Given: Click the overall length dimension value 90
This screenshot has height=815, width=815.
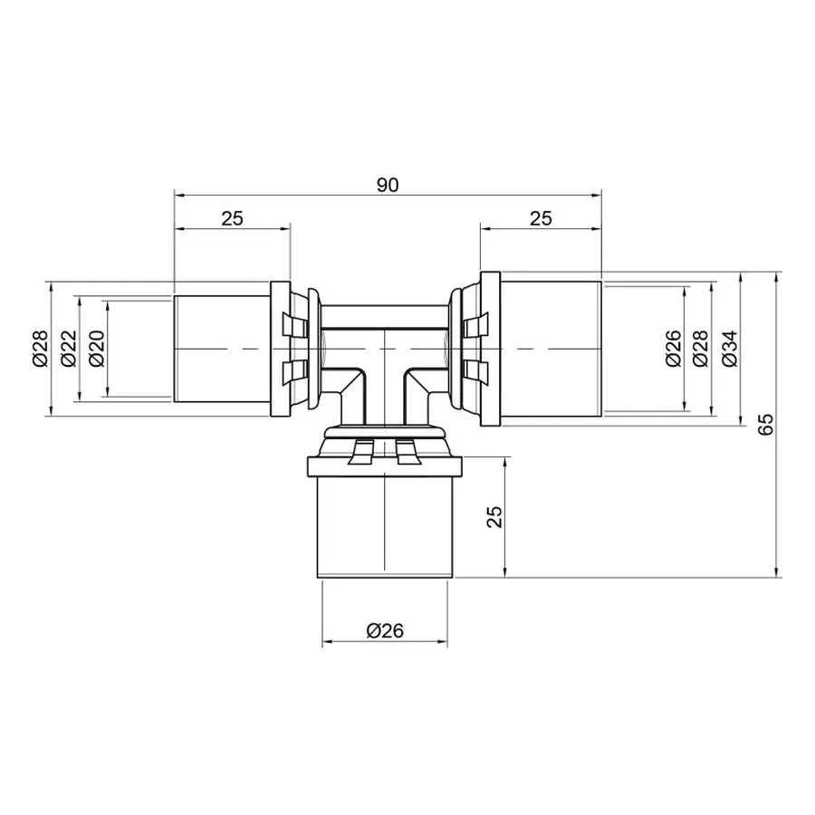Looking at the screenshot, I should pos(387,185).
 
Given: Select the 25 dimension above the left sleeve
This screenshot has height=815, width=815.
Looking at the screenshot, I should pos(232,217).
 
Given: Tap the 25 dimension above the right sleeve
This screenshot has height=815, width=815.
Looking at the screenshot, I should pos(541,217).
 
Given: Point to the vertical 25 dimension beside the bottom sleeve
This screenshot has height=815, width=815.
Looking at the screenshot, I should pos(494,517).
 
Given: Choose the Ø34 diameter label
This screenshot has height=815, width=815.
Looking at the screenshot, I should pos(730,349).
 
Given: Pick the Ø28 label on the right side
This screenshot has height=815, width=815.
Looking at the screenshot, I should pos(700,349).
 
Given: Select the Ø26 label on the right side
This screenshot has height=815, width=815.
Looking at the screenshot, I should pos(671,349).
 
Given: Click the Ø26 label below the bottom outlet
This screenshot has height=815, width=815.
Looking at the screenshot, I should pos(385,631).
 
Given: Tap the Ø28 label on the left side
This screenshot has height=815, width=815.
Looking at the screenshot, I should pos(39,349).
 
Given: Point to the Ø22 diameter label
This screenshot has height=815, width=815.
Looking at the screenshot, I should pos(67,349).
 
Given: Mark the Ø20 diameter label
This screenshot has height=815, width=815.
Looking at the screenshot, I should pos(95,349).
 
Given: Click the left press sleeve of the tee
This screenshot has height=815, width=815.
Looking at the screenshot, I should pos(221,349).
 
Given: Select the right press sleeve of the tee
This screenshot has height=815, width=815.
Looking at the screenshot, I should pos(552,349).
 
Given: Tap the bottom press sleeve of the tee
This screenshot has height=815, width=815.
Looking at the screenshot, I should pos(385,525).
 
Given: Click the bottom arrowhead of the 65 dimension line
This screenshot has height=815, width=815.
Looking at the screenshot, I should pos(777,571).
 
